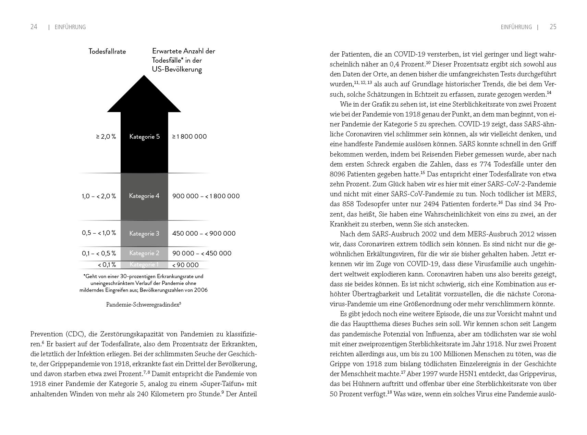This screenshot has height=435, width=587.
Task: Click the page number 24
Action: pyautogui.click(x=34, y=27)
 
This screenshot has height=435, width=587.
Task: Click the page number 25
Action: pyautogui.click(x=553, y=27)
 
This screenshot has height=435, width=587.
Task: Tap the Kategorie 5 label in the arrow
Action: pyautogui.click(x=144, y=136)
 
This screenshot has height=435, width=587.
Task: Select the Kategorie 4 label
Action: pyautogui.click(x=144, y=196)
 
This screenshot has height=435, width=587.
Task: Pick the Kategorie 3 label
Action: pyautogui.click(x=144, y=234)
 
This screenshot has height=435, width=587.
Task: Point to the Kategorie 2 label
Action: pyautogui.click(x=144, y=253)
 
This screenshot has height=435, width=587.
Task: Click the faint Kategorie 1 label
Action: pyautogui.click(x=144, y=264)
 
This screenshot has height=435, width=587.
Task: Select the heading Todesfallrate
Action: pyautogui.click(x=107, y=51)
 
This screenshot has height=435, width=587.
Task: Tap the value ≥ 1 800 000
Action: pyautogui.click(x=189, y=136)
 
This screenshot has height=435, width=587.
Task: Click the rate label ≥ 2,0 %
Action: pyautogui.click(x=106, y=136)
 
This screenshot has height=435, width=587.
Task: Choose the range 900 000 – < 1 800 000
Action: pyautogui.click(x=206, y=196)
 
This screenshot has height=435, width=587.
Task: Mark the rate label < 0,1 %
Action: pyautogui.click(x=107, y=265)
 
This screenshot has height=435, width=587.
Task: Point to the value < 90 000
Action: pyautogui.click(x=185, y=265)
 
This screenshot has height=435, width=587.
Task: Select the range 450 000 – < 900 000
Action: pyautogui.click(x=204, y=234)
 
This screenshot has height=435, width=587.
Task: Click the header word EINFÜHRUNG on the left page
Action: pyautogui.click(x=70, y=27)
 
